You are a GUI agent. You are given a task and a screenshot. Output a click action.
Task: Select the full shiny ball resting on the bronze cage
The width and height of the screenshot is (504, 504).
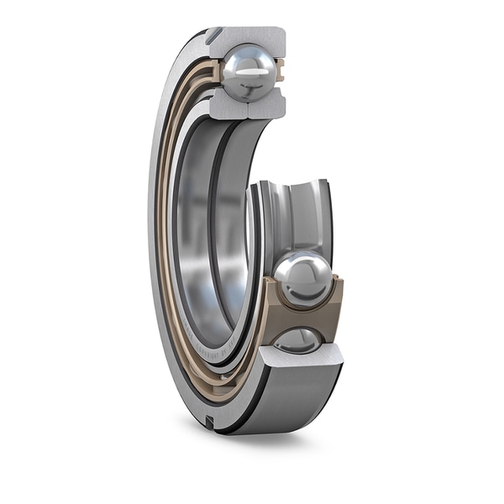304,278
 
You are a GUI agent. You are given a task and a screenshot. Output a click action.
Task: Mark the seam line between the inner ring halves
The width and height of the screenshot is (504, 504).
249,108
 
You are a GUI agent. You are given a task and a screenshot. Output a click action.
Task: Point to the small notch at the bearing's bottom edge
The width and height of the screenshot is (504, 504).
208,420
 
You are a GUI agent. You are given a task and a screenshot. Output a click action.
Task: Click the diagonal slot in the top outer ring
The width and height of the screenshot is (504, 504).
215,35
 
